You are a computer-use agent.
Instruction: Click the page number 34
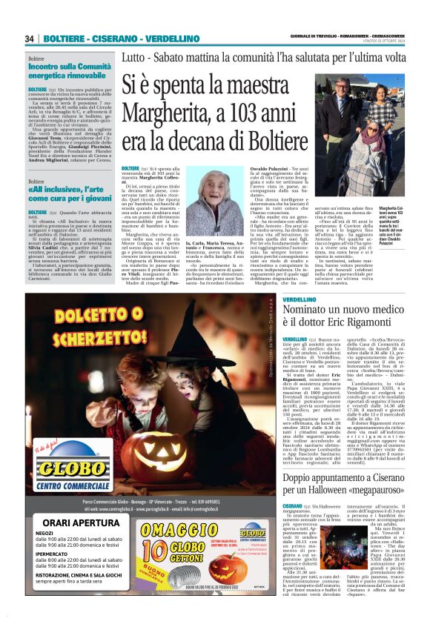[30, 39]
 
